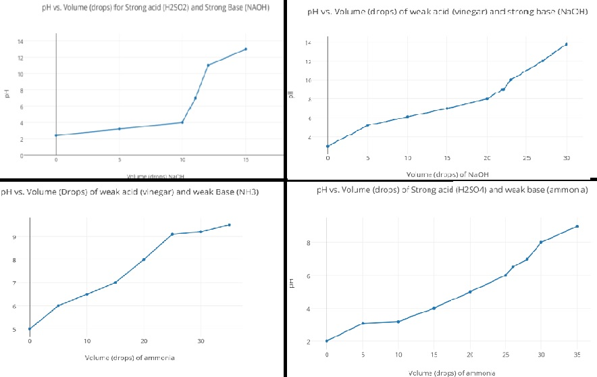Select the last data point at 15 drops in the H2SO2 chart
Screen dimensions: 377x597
click(x=246, y=49)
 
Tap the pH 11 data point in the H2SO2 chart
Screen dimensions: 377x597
click(x=208, y=66)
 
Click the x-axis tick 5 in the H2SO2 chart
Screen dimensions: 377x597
click(x=120, y=160)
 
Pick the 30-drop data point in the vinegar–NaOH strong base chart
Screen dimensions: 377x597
click(x=566, y=45)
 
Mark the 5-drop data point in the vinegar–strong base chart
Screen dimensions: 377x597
click(x=367, y=126)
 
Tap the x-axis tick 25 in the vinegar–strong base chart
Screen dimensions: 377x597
click(x=527, y=158)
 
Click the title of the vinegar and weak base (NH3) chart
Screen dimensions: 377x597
click(x=130, y=193)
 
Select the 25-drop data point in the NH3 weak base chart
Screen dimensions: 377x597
click(x=173, y=234)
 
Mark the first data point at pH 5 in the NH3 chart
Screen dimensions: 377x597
click(x=30, y=329)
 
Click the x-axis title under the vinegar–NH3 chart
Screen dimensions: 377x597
click(x=129, y=357)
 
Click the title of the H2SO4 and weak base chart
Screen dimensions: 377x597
click(x=451, y=191)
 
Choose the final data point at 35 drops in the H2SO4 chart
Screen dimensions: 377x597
click(x=577, y=226)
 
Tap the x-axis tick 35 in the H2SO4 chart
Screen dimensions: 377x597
click(x=577, y=355)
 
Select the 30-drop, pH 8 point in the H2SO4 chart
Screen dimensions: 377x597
click(x=541, y=242)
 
